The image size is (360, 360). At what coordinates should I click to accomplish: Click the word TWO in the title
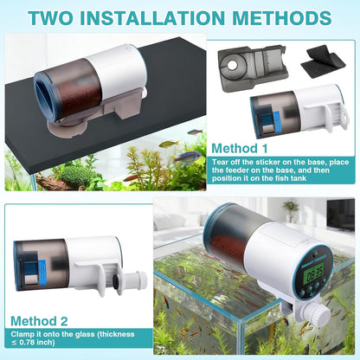click(x=59, y=17)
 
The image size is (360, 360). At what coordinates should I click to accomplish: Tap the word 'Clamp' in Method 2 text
click(x=26, y=331)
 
